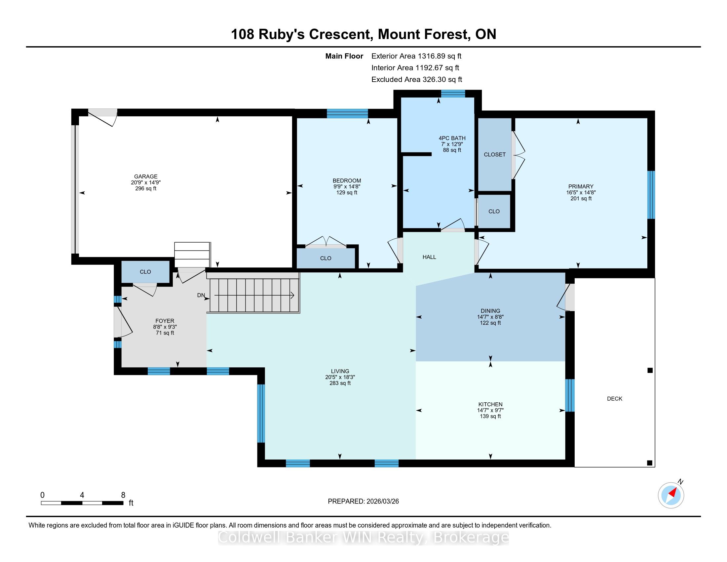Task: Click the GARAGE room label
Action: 146,177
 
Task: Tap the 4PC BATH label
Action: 452,138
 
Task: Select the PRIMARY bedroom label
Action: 581,186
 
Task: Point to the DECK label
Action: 615,399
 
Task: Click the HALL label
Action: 429,257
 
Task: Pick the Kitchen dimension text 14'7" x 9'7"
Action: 490,411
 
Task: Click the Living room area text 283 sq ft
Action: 340,383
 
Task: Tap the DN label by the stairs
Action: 201,295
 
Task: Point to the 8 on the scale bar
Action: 123,495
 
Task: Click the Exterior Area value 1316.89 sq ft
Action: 440,56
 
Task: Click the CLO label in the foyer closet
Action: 145,272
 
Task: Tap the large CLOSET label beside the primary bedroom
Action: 495,154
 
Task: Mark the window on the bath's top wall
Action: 453,94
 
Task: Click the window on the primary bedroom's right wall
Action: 651,195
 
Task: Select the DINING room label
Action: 490,311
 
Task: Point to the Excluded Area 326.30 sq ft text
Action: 417,80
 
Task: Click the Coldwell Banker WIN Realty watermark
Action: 363,538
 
